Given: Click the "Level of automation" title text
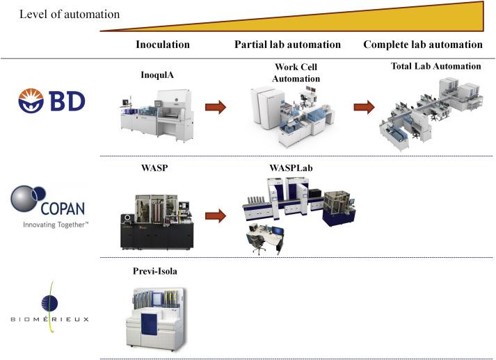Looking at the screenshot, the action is [x=70, y=15].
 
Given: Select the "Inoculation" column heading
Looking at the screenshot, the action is [x=163, y=44].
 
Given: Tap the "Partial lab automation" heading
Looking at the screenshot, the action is [x=287, y=44].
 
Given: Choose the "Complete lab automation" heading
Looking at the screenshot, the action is [x=423, y=44].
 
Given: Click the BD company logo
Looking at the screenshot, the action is [x=52, y=101].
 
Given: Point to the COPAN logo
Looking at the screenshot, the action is [x=48, y=202].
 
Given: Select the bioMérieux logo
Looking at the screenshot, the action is [x=50, y=306].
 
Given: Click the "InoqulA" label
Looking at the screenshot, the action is [x=157, y=75].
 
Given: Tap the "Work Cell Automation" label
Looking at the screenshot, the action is [x=296, y=73].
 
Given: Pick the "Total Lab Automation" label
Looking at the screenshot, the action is [x=436, y=66].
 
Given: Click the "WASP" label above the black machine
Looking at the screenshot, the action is [x=154, y=167].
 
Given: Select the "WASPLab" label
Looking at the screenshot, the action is [x=291, y=167].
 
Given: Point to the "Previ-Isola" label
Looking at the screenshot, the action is [x=155, y=271].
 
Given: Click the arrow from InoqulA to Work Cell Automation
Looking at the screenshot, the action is [x=216, y=107].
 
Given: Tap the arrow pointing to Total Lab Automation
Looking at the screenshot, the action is [x=364, y=107].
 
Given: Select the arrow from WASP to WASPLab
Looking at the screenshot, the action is [x=216, y=216].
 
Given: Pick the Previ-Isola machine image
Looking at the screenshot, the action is [x=156, y=318].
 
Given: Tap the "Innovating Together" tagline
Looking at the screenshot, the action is [x=56, y=224].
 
